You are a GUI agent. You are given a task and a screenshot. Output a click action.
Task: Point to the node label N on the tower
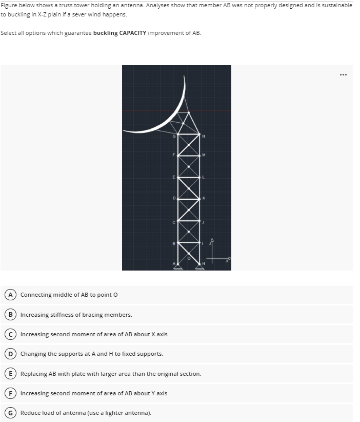204,136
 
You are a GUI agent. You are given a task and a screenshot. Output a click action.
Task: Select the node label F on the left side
174,154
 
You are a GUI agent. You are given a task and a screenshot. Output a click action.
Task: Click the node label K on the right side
204,198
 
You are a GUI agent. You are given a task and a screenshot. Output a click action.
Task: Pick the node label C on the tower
174,221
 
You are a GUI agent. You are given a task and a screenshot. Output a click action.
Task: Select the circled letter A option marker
10,295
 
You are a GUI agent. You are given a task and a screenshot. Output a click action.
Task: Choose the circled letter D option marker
10,354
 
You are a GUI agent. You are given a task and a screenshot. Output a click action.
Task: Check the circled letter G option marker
10,413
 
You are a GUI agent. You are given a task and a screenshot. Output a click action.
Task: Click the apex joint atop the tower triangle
189,112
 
